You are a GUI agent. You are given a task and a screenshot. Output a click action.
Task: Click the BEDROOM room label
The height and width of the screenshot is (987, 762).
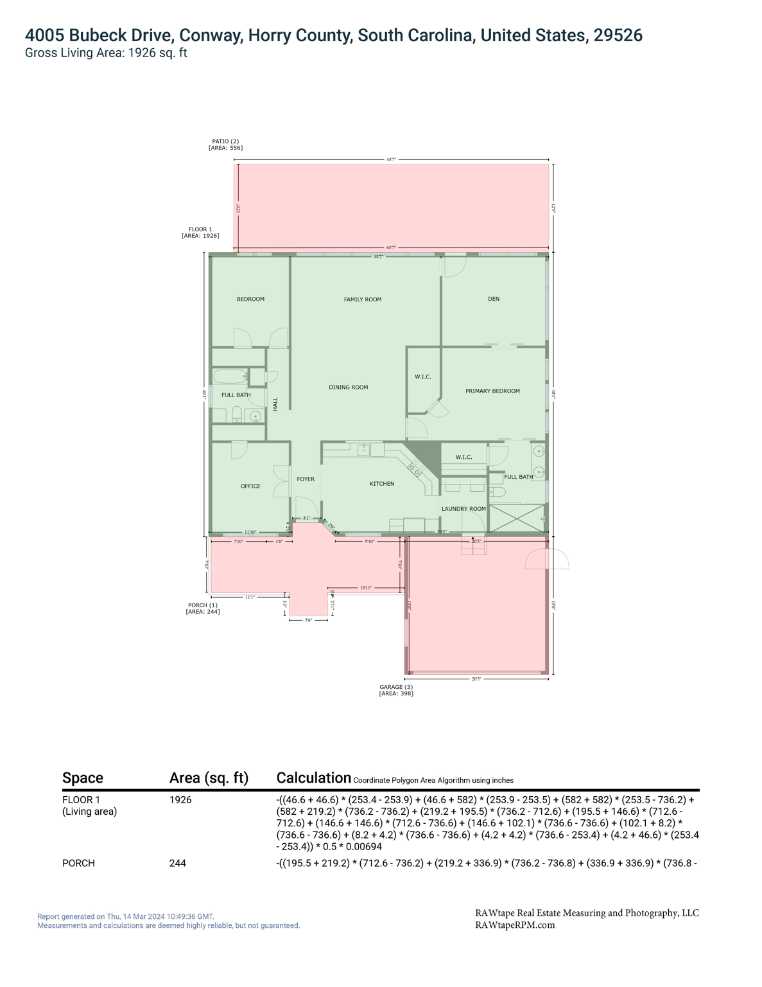pyautogui.click(x=250, y=299)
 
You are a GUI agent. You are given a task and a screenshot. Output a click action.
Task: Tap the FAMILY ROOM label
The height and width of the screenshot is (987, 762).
pyautogui.click(x=362, y=299)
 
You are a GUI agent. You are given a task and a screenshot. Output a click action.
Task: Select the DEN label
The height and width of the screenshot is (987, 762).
pyautogui.click(x=493, y=299)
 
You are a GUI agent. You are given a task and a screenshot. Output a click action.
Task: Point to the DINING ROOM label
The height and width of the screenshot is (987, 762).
pyautogui.click(x=348, y=387)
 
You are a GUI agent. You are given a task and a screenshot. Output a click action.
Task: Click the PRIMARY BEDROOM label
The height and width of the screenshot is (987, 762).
pyautogui.click(x=492, y=391)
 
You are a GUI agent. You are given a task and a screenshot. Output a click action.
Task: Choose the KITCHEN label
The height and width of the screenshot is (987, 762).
pyautogui.click(x=382, y=484)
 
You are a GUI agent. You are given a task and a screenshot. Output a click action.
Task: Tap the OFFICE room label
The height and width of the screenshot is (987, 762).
pyautogui.click(x=250, y=486)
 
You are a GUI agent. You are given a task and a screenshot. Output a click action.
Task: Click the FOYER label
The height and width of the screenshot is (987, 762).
pyautogui.click(x=306, y=479)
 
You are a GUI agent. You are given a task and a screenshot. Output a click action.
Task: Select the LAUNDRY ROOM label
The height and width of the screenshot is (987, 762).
pyautogui.click(x=463, y=509)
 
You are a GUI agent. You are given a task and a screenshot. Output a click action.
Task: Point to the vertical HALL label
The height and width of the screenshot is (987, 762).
pyautogui.click(x=275, y=404)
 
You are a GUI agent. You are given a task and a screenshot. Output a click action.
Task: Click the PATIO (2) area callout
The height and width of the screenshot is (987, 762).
pyautogui.click(x=225, y=145)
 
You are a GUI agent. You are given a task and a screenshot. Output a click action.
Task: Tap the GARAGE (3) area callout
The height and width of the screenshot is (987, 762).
pyautogui.click(x=396, y=690)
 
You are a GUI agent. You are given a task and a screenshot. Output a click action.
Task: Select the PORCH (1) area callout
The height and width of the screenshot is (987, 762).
pyautogui.click(x=202, y=609)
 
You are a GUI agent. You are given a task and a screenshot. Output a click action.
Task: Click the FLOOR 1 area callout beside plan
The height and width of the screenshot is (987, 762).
pyautogui.click(x=200, y=233)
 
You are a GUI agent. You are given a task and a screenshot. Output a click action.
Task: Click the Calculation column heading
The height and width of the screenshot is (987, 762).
pyautogui.click(x=313, y=778)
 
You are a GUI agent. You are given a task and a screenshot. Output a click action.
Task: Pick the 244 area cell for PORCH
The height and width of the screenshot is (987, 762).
pyautogui.click(x=178, y=863)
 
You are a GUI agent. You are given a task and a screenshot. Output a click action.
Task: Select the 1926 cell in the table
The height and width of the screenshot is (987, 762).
pyautogui.click(x=180, y=800)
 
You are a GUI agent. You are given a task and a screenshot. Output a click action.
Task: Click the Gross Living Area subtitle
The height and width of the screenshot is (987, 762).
pyautogui.click(x=106, y=53)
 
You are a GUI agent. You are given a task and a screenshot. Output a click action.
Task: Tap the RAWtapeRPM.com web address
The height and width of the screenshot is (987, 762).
pyautogui.click(x=515, y=925)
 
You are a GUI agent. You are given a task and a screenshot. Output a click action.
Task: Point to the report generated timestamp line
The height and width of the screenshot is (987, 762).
pyautogui.click(x=126, y=916)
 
